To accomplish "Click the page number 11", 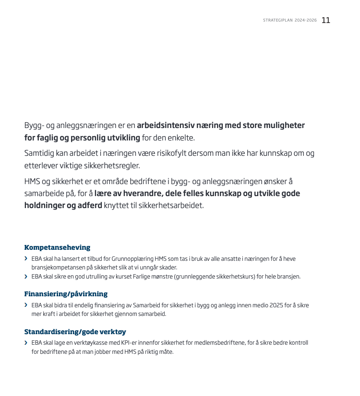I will click(x=326, y=20).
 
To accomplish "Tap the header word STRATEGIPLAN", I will click(x=277, y=21).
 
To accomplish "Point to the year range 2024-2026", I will click(x=306, y=21).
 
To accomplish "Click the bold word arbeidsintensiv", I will click(x=167, y=126).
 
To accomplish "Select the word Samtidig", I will click(x=39, y=153).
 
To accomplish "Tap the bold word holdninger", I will click(x=44, y=206).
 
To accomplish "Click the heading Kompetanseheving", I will click(x=57, y=247).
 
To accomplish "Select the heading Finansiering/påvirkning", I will click(x=66, y=294).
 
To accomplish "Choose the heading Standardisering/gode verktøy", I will click(x=75, y=332).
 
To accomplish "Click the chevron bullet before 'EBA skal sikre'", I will click(x=26, y=277).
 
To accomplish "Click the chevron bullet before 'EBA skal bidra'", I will click(x=26, y=305).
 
